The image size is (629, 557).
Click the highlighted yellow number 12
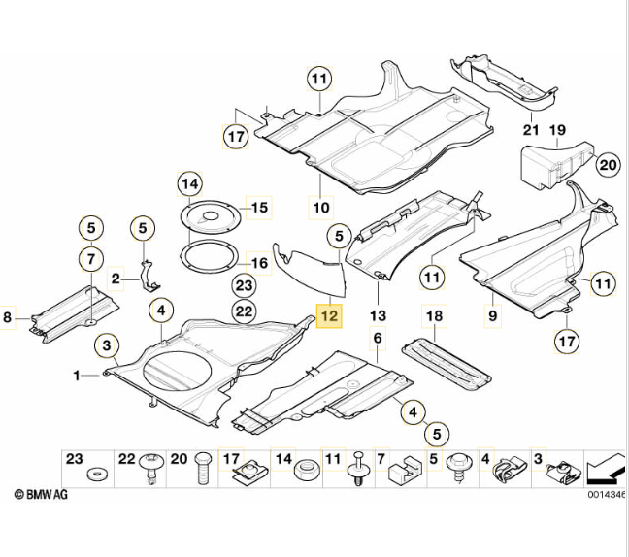tap(329, 316)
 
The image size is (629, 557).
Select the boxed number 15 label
tap(258, 207)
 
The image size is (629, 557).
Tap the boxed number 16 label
tap(258, 263)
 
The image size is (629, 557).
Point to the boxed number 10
tap(320, 206)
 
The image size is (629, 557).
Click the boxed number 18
tap(434, 315)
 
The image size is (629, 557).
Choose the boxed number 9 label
tap(492, 315)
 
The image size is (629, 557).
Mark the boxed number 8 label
tap(9, 316)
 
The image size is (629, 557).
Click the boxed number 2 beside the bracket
tap(116, 279)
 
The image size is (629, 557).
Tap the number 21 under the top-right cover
tap(531, 129)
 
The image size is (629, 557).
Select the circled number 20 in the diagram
tap(607, 165)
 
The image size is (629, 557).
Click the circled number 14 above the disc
tap(189, 183)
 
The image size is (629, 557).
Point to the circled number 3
tap(106, 345)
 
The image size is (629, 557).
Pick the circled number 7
tap(90, 259)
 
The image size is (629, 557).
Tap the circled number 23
tap(244, 285)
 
